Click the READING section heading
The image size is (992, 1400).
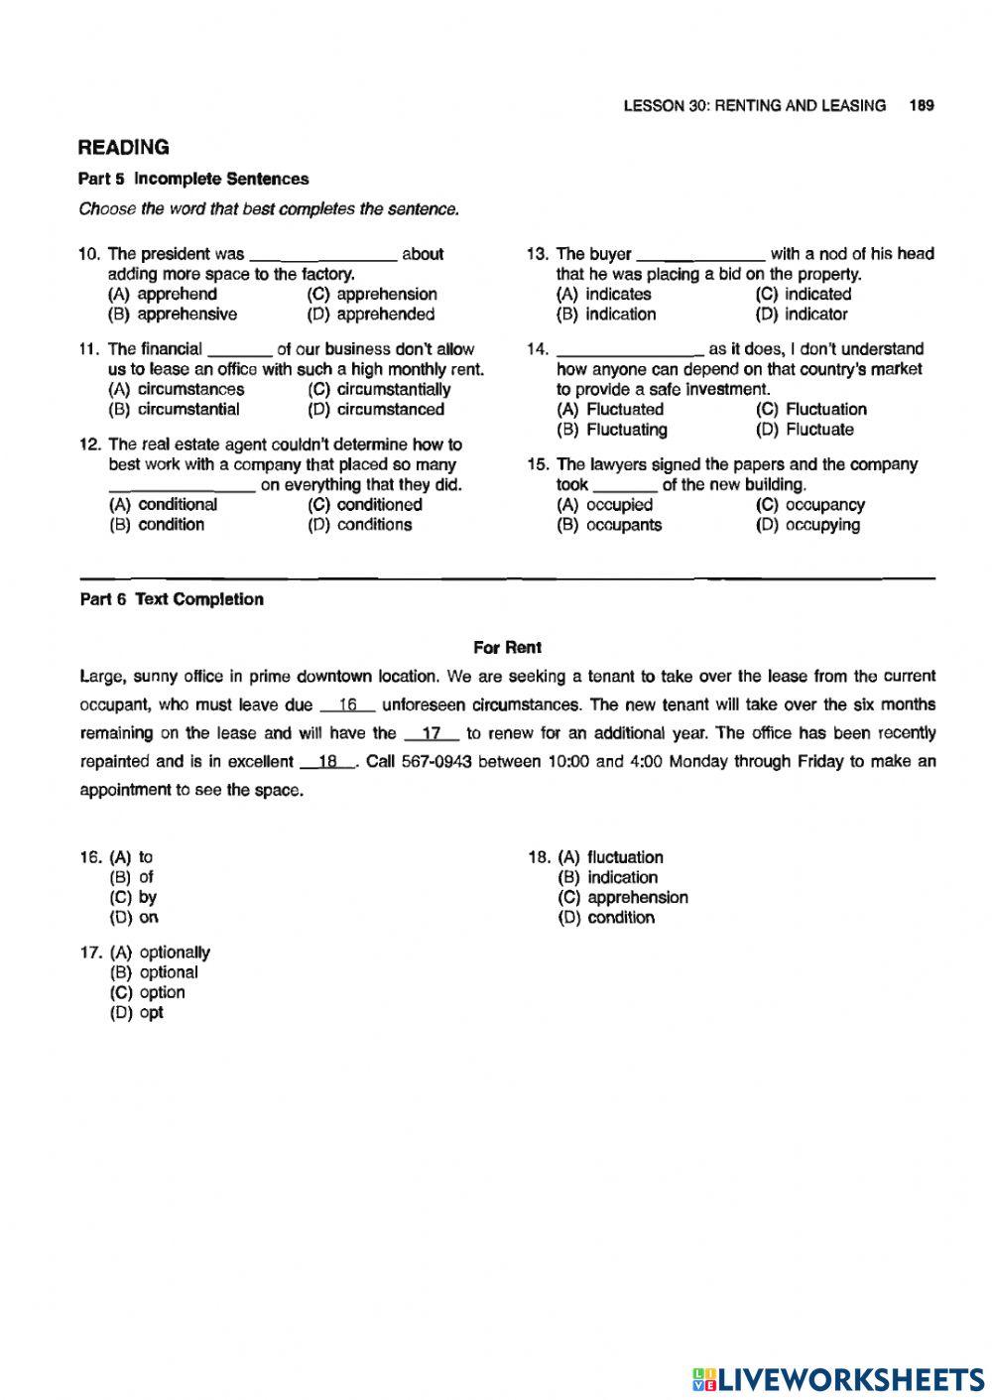124,148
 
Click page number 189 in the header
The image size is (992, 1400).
921,105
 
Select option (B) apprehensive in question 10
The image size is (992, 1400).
173,315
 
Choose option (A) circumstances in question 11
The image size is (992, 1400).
176,390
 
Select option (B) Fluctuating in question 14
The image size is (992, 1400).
612,430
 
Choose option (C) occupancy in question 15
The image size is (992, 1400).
809,505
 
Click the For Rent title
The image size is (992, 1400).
507,648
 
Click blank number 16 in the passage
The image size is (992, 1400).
347,706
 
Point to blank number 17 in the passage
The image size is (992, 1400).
432,735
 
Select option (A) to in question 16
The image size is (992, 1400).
132,857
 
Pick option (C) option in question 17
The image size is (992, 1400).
148,993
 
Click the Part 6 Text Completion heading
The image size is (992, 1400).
172,599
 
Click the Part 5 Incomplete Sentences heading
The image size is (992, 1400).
193,180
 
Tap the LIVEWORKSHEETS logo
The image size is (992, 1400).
838,1378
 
